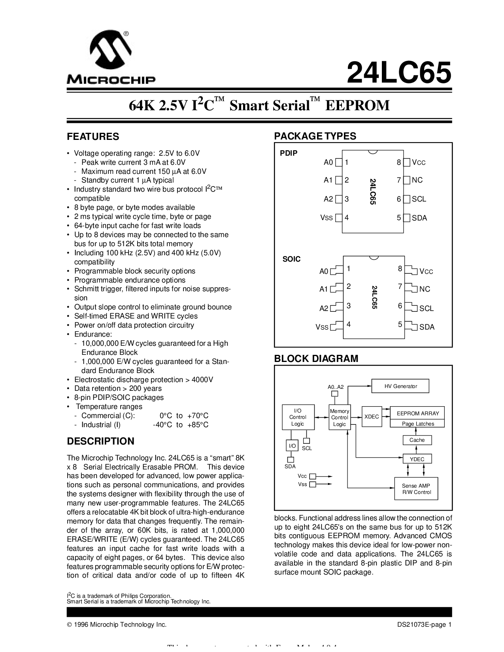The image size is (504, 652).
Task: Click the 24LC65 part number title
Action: [398, 72]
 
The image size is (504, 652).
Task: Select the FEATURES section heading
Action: [93, 137]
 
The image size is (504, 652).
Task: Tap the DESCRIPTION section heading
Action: [100, 441]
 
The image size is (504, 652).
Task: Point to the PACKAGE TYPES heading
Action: [315, 136]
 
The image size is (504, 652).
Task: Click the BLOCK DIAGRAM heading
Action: [316, 358]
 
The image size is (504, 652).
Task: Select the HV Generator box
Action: [400, 386]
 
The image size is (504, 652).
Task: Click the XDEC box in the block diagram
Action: [371, 416]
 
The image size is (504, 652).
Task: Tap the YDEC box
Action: [417, 459]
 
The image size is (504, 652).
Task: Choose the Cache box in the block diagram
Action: [417, 440]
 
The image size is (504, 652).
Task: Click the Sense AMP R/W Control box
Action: [416, 489]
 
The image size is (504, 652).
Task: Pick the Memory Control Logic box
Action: [339, 418]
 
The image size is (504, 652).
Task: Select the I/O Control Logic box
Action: [298, 417]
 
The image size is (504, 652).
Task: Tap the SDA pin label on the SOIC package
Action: [427, 327]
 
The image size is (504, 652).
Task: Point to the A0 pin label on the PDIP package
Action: [328, 162]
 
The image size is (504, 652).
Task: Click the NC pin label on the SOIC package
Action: [425, 289]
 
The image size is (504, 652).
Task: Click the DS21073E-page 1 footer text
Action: [424, 625]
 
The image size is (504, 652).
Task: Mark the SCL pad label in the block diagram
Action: [307, 448]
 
